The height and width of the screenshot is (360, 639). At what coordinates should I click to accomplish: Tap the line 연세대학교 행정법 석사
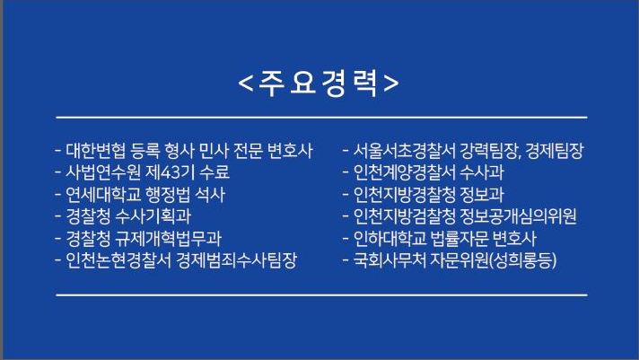coord(140,194)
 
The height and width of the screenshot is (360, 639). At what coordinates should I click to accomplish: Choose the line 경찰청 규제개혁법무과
coord(139,239)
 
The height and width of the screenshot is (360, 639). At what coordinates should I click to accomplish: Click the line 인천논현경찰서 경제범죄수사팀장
coord(176,261)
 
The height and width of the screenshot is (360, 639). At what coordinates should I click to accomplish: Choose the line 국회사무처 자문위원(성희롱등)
coord(451,261)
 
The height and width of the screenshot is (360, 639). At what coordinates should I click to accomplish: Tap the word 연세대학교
coord(96,194)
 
